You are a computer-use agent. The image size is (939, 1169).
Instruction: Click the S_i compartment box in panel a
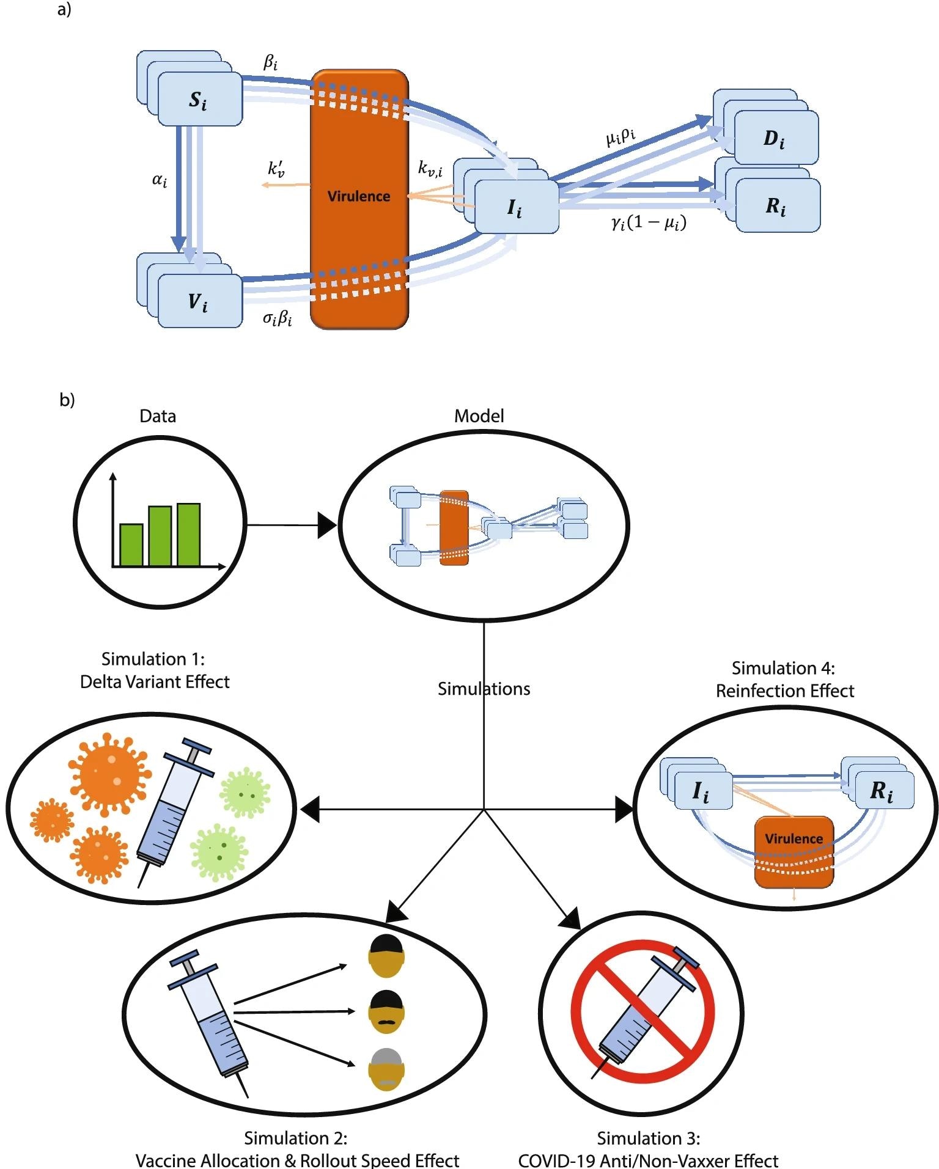point(199,99)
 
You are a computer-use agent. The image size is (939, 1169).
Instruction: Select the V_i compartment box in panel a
point(199,301)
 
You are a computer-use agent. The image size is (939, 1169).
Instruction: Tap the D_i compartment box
point(775,138)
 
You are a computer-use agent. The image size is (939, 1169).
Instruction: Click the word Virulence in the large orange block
point(359,196)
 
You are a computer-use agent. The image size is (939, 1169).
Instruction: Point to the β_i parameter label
point(270,62)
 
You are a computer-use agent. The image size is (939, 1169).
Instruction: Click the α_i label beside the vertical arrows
point(159,180)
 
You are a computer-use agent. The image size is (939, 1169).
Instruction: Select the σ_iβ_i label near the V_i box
point(277,318)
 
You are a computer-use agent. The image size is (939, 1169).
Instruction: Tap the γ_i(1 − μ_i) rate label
point(648,222)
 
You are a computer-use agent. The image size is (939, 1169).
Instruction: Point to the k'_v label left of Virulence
point(276,169)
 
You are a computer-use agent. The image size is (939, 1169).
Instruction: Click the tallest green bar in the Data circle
point(188,534)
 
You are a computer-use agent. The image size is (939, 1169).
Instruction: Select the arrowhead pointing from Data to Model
point(327,525)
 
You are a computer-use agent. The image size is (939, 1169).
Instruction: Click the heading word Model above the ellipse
point(479,416)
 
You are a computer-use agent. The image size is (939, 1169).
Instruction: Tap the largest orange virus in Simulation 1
point(109,773)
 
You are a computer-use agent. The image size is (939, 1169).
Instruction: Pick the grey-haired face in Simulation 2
point(386,1069)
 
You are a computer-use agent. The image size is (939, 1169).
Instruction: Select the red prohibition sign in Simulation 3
point(643,1011)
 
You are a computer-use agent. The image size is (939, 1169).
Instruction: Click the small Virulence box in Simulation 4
point(794,851)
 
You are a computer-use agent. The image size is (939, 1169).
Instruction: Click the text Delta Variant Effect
point(155,682)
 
